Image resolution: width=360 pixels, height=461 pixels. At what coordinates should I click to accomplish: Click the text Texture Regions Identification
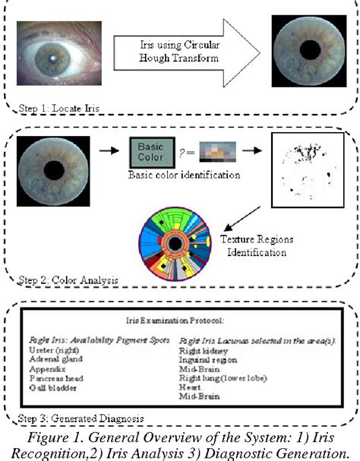[x=259, y=244]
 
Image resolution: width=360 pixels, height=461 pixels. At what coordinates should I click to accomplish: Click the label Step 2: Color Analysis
[x=68, y=280]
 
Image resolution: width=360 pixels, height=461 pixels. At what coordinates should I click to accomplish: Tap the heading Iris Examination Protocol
[x=179, y=322]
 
